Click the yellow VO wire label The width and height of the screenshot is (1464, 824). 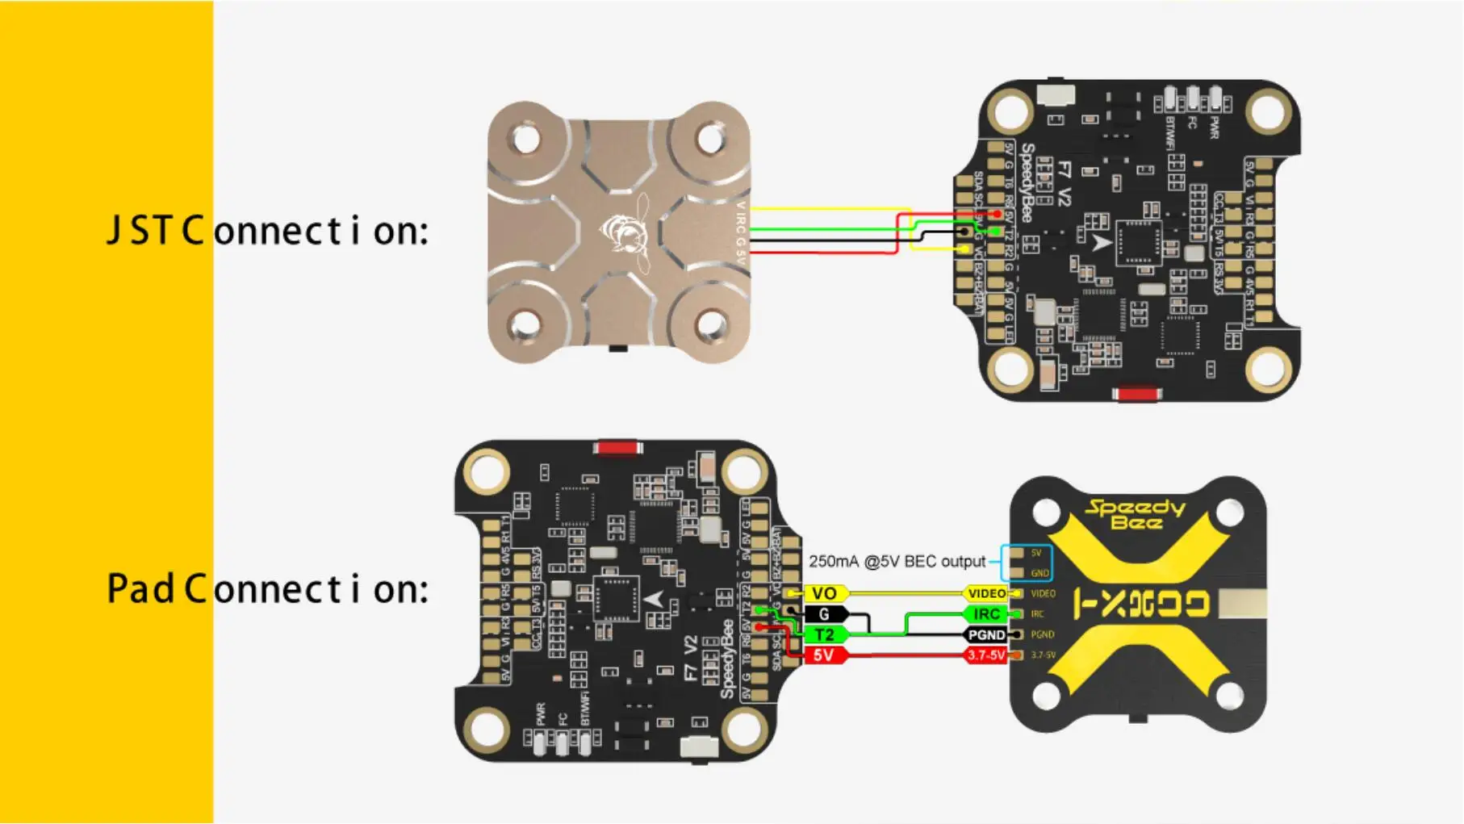pyautogui.click(x=824, y=594)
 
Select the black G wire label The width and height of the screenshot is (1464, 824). pyautogui.click(x=824, y=614)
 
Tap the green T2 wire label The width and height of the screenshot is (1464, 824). pyautogui.click(x=824, y=635)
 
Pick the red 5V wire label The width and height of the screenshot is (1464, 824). pyautogui.click(x=824, y=655)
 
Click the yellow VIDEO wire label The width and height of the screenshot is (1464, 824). pyautogui.click(x=986, y=594)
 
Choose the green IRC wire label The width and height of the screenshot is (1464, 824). pyautogui.click(x=986, y=614)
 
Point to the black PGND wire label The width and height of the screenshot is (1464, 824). pyautogui.click(x=986, y=635)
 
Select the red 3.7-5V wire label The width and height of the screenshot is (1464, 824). pyautogui.click(x=986, y=655)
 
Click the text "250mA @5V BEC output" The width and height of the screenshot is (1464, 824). pyautogui.click(x=897, y=562)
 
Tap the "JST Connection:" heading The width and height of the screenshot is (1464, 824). pyautogui.click(x=267, y=231)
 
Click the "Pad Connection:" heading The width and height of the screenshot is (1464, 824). pyautogui.click(x=267, y=589)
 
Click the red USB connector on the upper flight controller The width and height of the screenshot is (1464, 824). pyautogui.click(x=1136, y=394)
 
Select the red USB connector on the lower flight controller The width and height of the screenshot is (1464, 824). pyautogui.click(x=617, y=448)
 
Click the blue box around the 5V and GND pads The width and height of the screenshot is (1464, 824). pyautogui.click(x=1027, y=563)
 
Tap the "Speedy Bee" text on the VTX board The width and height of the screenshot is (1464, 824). pyautogui.click(x=1135, y=515)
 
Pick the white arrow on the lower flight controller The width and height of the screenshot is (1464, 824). pyautogui.click(x=654, y=600)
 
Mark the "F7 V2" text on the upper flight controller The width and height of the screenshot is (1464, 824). pyautogui.click(x=1065, y=184)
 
